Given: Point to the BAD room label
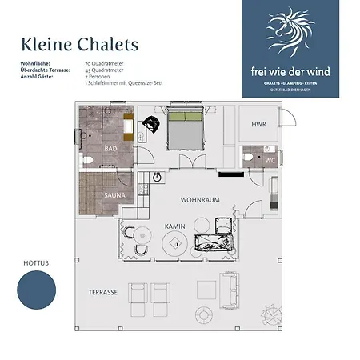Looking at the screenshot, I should pos(110,149).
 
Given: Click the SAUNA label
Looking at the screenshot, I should pos(114,194).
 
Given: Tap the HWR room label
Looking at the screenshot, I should pos(258,125).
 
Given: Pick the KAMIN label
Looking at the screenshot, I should pos(175,226).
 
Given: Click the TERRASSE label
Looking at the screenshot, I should pos(103,293).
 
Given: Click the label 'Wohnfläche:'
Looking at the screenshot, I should pos(36,62).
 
